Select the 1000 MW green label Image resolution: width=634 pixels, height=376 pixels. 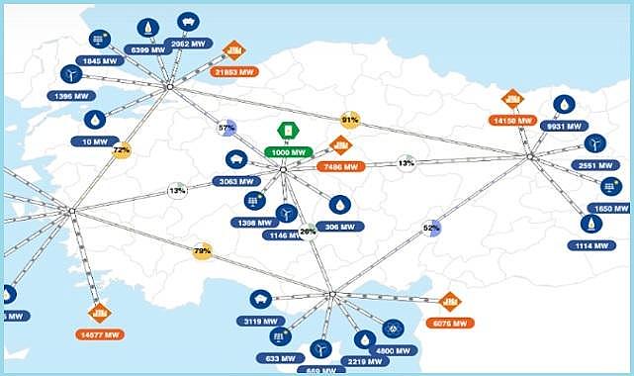pos(287,152)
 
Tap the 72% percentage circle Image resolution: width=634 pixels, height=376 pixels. pos(122,150)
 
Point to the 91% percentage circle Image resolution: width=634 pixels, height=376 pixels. pos(349,120)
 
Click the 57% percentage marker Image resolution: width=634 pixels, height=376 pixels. pos(226,129)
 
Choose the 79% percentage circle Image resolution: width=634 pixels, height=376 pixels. pos(203,251)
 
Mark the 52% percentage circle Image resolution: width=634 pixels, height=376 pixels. pos(431,228)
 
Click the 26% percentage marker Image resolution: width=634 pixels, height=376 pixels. pos(308,231)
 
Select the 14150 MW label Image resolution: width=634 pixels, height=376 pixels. pos(512,121)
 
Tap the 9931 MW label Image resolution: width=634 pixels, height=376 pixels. pos(564,127)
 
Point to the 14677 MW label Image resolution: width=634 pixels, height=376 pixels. pos(98,334)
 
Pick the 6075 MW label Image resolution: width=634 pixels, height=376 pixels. pos(450,323)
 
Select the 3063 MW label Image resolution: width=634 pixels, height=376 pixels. pos(235,182)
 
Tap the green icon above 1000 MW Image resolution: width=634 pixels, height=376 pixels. pos(287,130)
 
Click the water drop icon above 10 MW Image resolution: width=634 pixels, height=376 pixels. pos(95,119)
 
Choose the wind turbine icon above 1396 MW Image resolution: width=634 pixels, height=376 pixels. pos(70,74)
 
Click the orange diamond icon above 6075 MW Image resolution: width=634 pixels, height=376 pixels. pos(450,301)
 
